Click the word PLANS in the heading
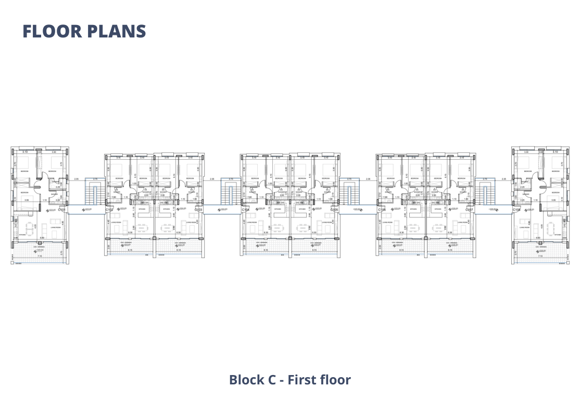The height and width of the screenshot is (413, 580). point(116,31)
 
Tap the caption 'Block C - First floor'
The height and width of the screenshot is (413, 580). point(290,380)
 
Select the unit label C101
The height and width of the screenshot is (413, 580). point(61,210)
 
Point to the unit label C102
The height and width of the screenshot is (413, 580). point(109,210)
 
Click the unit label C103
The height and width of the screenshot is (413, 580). point(198,210)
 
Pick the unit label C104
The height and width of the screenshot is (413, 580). point(246,210)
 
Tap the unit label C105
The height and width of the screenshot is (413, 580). point(334,210)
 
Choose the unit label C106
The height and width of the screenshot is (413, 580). point(382,210)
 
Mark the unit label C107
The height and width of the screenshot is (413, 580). point(470,210)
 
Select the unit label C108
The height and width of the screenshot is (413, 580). point(516,210)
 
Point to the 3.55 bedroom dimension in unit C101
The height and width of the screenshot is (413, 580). point(26,200)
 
